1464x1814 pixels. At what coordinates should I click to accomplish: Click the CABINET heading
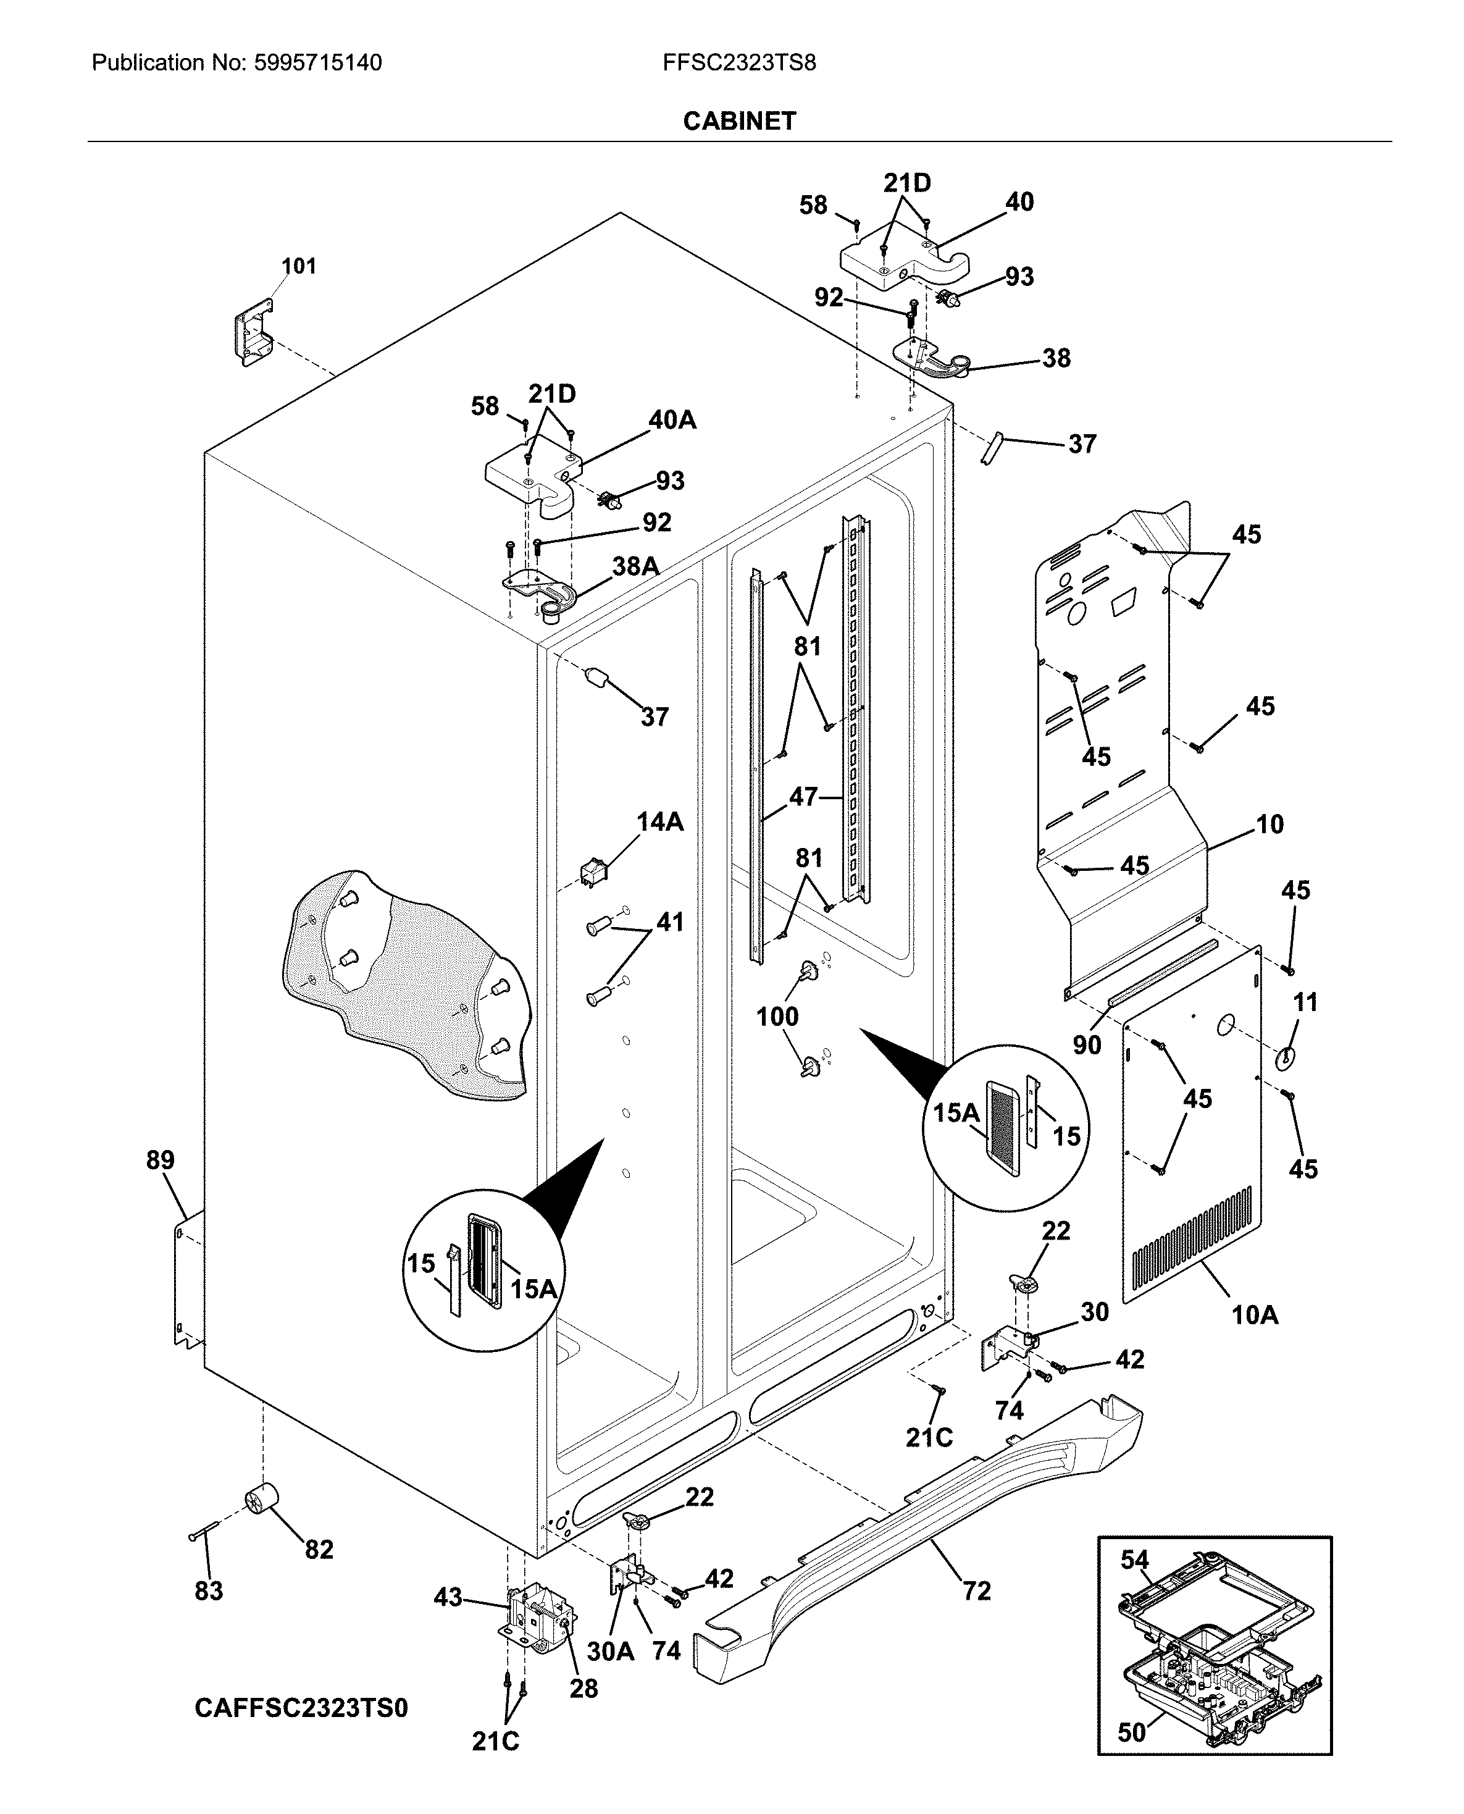point(738,122)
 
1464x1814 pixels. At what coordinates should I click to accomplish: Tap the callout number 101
point(298,266)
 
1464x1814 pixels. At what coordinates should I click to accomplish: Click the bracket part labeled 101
point(253,330)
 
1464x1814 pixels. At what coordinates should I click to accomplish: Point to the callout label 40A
point(672,419)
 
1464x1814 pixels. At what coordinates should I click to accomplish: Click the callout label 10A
point(1255,1315)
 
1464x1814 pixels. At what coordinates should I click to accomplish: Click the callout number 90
point(1086,1045)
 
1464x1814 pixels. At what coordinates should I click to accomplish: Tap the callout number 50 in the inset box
point(1132,1732)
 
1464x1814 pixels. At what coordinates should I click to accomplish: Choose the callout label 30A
point(609,1650)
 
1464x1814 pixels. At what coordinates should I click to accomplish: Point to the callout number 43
point(448,1597)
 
